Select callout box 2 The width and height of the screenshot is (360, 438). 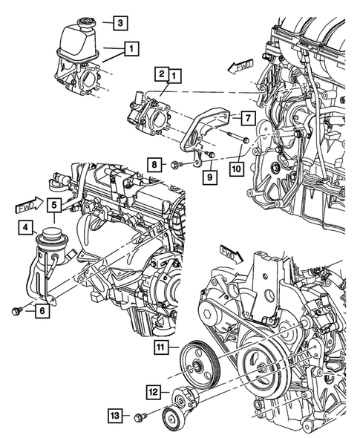tap(161, 74)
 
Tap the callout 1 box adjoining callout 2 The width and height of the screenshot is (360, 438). tap(174, 74)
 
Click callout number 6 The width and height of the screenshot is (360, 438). tap(42, 312)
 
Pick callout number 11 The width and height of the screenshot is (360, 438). tap(162, 347)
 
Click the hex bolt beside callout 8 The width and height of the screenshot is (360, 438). tap(175, 163)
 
